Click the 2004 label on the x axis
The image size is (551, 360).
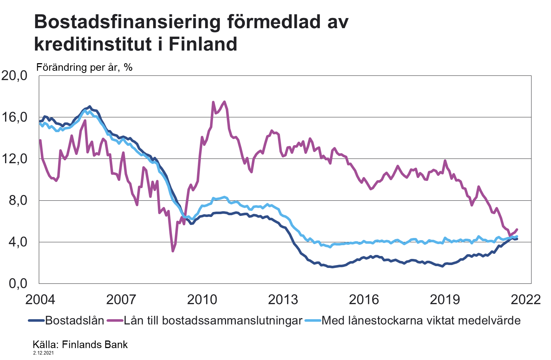(40, 299)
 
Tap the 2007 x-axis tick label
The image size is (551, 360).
(121, 299)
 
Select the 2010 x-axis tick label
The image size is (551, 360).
(203, 299)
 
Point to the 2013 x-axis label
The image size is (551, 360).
(283, 299)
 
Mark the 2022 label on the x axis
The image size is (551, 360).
(526, 299)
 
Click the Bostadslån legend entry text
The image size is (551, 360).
(75, 321)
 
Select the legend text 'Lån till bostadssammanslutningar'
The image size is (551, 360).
(213, 321)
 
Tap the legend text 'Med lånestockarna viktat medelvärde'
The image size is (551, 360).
(421, 321)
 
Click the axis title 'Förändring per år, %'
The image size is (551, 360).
(84, 67)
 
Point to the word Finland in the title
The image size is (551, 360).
(203, 44)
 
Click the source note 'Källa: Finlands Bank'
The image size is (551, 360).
(80, 344)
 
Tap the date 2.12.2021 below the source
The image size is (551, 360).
(43, 353)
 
